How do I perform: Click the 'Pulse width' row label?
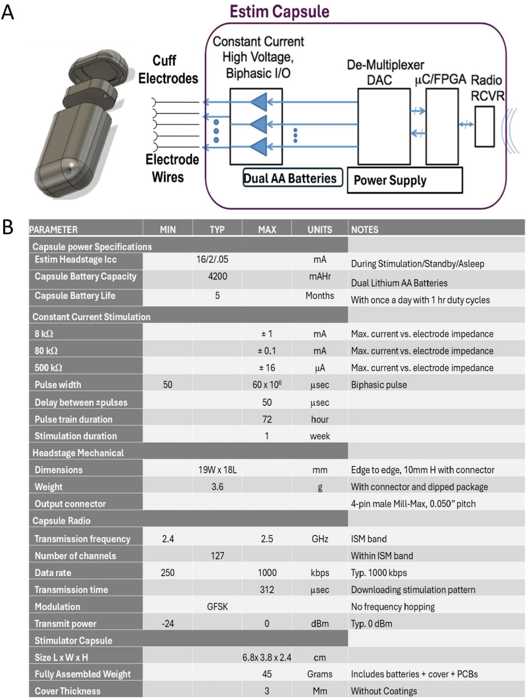tap(58, 385)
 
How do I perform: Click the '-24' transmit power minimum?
tap(168, 623)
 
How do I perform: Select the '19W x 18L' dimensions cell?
tap(217, 470)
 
